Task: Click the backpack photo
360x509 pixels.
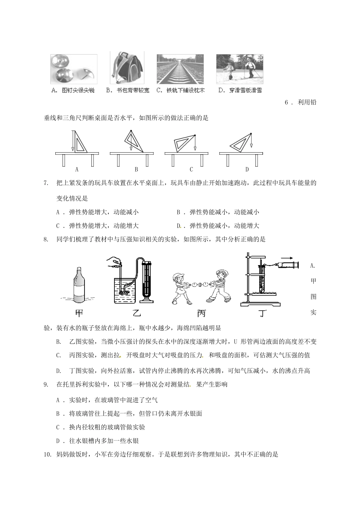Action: coord(127,68)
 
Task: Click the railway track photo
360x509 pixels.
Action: coord(180,69)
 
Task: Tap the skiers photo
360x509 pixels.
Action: coord(239,69)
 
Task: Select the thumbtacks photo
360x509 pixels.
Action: coord(74,69)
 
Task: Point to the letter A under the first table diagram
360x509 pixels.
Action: coord(77,169)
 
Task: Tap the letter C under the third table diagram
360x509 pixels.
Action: coord(191,169)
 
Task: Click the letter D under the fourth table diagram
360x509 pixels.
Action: coord(247,169)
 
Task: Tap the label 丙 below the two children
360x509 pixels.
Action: coord(201,313)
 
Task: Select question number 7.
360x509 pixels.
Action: coord(46,183)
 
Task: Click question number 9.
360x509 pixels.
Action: coord(46,384)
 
